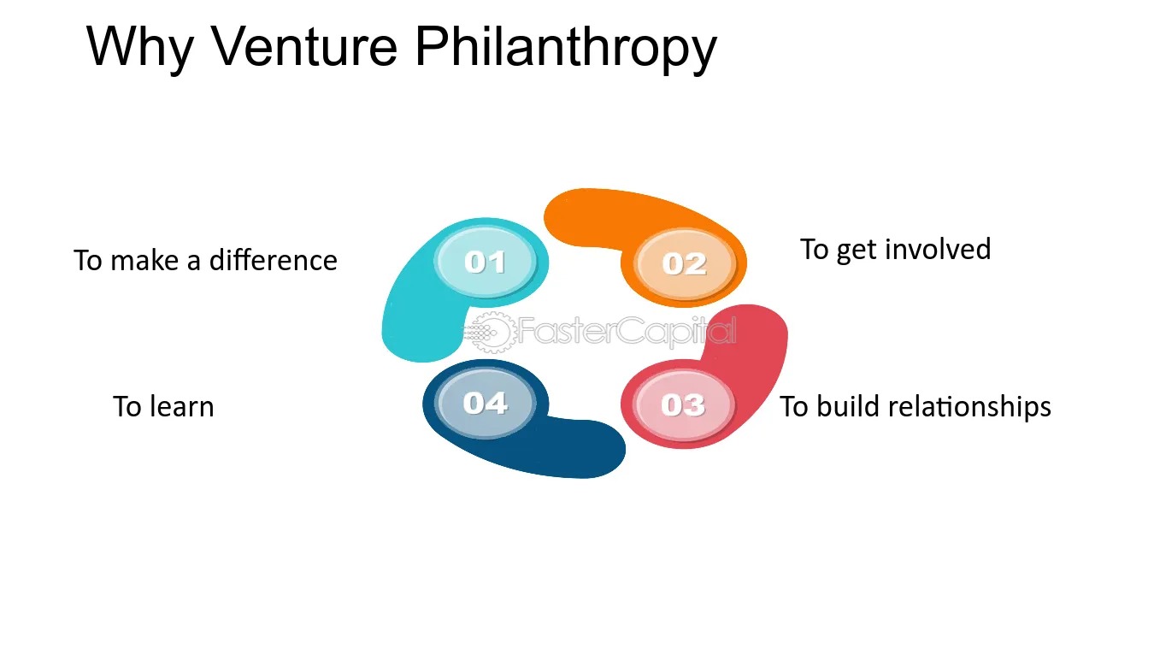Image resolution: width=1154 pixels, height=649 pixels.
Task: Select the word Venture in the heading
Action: point(304,46)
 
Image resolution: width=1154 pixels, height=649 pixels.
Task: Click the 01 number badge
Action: point(485,262)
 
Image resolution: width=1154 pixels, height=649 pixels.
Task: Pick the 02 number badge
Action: point(684,264)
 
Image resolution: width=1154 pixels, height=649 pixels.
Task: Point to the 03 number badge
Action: point(683,404)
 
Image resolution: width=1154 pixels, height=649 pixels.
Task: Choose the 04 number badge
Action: point(485,403)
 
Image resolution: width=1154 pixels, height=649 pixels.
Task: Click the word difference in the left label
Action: point(273,259)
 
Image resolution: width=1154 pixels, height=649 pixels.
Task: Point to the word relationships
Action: point(969,407)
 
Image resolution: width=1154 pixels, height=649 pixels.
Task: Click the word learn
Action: point(181,406)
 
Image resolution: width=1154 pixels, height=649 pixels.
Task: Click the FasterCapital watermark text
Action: point(627,330)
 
